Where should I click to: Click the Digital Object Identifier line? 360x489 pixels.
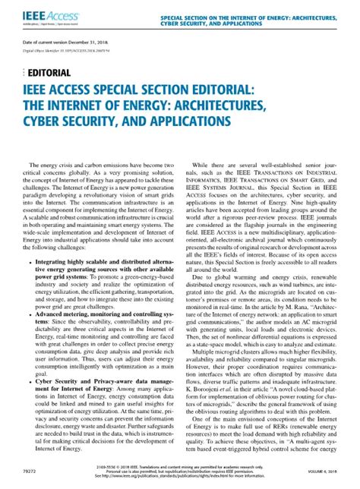(x=65, y=58)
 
